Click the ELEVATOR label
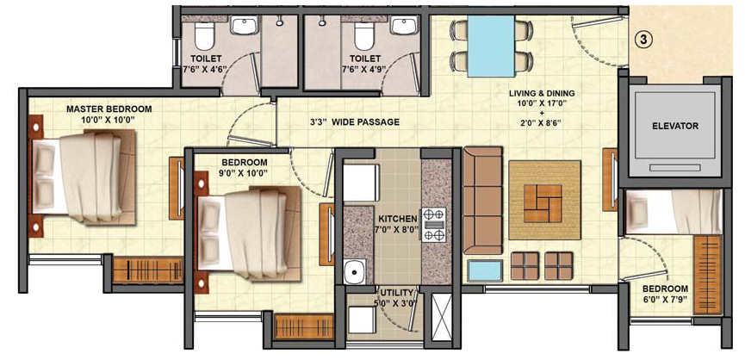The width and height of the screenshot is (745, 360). pos(675,126)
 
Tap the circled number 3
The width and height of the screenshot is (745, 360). pos(643,40)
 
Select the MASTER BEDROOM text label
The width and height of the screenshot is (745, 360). pos(109,109)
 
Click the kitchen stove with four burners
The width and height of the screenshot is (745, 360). pos(433,224)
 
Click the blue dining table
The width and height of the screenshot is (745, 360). pos(491,46)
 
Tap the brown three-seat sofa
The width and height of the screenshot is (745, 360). pos(482,201)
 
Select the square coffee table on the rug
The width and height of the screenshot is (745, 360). pos(543,203)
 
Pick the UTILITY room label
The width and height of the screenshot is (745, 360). pos(393,290)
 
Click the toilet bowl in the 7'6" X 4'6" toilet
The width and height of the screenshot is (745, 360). pos(204,37)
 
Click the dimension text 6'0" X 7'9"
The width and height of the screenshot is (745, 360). pos(665,299)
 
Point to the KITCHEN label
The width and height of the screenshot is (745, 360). pos(397,219)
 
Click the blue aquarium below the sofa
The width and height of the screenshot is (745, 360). pos(485,270)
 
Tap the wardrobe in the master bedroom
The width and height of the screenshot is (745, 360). pos(148,270)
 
